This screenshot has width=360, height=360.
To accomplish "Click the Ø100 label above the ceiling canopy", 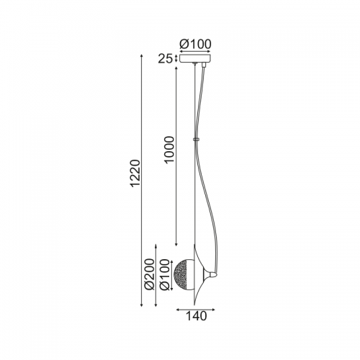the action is (195, 44).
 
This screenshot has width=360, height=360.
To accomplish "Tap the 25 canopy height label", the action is (165, 59).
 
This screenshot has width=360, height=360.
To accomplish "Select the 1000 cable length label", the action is (169, 150).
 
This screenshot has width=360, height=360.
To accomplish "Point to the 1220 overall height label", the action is (135, 173).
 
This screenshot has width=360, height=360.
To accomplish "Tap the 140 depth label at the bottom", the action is (196, 316).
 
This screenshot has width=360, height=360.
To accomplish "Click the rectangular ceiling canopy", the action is (195, 59).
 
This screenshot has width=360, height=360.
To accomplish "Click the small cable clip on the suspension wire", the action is (196, 139).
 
